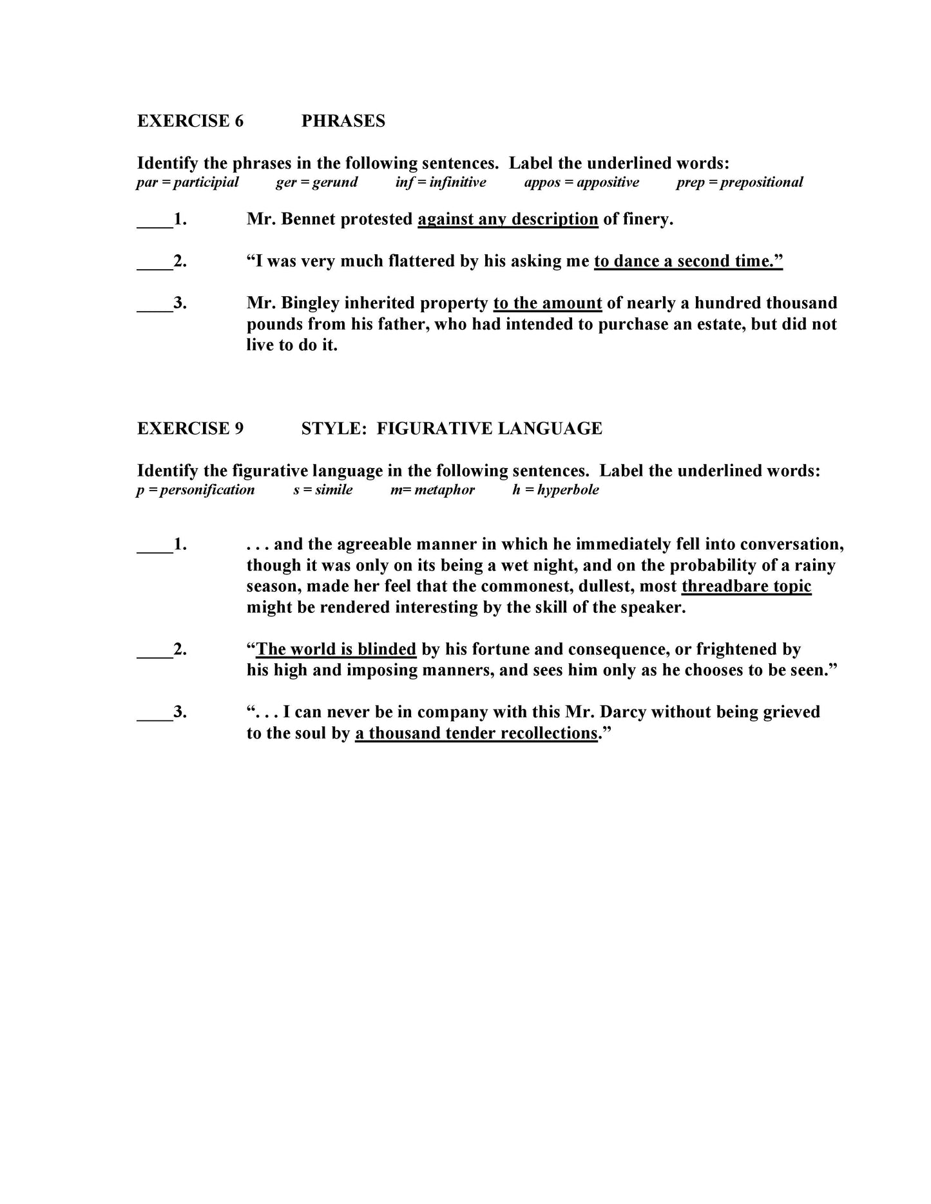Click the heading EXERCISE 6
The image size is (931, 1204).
tap(190, 121)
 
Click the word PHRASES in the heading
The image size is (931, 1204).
tap(343, 121)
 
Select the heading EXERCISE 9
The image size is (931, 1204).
tap(190, 429)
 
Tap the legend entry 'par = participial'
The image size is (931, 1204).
tap(187, 182)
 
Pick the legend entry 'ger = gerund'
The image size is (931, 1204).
tap(316, 182)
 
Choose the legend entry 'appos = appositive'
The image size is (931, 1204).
tap(581, 182)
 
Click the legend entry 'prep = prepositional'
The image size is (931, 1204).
tap(739, 182)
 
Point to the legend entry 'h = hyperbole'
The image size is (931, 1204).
tap(555, 490)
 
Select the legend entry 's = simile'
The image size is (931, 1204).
tap(323, 490)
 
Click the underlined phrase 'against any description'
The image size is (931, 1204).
tap(508, 220)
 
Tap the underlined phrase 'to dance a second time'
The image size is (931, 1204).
tap(687, 261)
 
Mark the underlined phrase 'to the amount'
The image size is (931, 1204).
tap(547, 303)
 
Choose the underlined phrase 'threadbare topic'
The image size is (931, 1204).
tap(746, 587)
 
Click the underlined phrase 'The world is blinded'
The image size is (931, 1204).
tap(336, 649)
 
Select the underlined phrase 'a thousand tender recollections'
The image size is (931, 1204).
tap(476, 733)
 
